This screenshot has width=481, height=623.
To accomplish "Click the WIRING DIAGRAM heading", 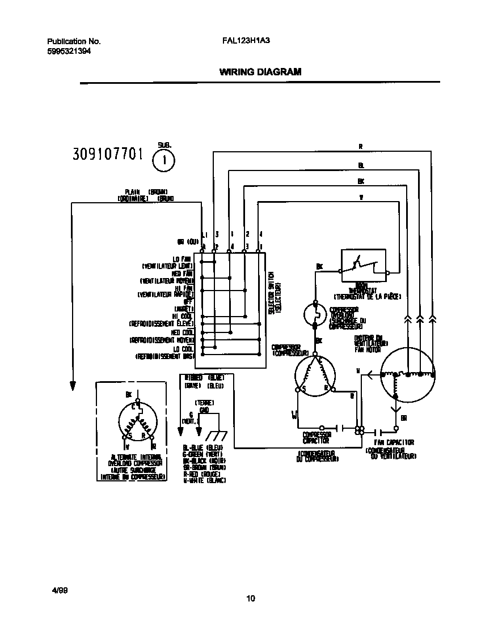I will click(x=260, y=72).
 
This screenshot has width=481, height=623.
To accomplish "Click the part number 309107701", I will click(x=107, y=154).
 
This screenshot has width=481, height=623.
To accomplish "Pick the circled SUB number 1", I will click(x=164, y=160).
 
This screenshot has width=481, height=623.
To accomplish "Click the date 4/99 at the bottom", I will click(x=59, y=590).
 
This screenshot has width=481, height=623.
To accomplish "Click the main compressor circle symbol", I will click(x=315, y=375).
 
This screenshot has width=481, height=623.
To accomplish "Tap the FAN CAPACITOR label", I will click(x=394, y=442).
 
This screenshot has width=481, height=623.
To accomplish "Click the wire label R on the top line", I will click(x=360, y=147).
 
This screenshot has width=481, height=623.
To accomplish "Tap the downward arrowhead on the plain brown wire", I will click(x=73, y=385).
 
